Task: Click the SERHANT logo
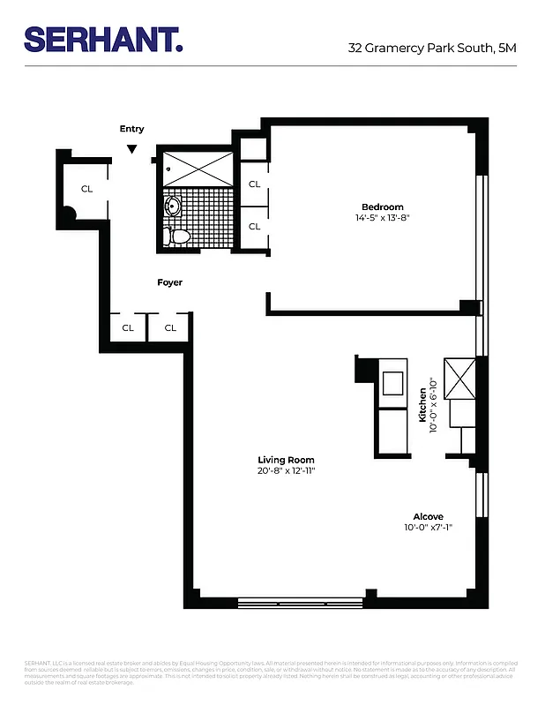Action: coord(103,40)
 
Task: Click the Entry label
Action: coord(131,129)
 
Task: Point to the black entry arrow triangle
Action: coord(131,149)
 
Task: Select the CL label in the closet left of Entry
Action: coord(86,189)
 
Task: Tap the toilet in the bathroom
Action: coord(176,236)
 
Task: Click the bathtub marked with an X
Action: coord(198,169)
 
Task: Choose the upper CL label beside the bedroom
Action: coord(254,184)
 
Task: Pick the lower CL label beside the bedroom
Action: coord(254,227)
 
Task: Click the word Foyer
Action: coord(169,282)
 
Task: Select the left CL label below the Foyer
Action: coord(128,327)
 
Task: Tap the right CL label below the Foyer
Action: coord(170,327)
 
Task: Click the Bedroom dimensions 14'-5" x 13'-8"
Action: coord(383,217)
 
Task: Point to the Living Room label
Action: coord(286,460)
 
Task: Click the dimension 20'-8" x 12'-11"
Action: coord(286,471)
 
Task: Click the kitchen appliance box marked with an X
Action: coord(459,379)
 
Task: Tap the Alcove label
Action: coord(428,517)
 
